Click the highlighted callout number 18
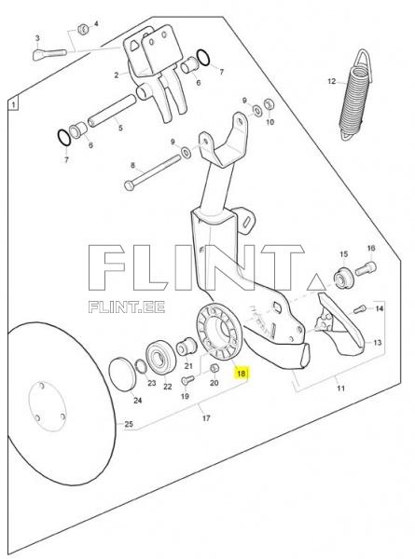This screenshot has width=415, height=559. click(242, 374)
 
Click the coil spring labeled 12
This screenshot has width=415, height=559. click(355, 96)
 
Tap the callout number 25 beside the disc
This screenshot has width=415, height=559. click(129, 424)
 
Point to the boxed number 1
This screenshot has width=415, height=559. click(13, 104)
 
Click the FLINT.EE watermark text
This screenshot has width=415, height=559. click(127, 307)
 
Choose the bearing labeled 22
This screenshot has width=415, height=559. click(160, 358)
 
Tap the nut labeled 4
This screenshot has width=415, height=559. click(83, 29)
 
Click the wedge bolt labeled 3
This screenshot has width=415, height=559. click(49, 54)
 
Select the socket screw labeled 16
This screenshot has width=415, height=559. click(366, 268)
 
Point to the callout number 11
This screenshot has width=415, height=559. click(340, 388)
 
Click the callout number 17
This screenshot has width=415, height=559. click(206, 417)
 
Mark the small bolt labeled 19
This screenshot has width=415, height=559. click(187, 380)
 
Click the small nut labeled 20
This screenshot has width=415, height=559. click(214, 368)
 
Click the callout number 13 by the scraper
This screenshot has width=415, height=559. click(377, 343)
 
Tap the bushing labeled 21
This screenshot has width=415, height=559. click(186, 347)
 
